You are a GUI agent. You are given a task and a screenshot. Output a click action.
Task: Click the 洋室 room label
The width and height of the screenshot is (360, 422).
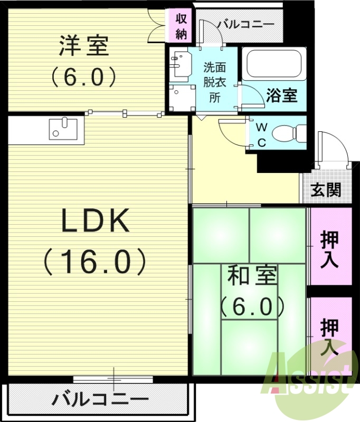pyautogui.click(x=83, y=46)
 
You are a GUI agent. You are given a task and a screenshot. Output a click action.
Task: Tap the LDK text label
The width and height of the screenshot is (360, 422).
pyautogui.click(x=96, y=220)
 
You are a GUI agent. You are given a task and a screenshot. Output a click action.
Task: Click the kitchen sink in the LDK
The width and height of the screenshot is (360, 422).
pyautogui.click(x=63, y=129)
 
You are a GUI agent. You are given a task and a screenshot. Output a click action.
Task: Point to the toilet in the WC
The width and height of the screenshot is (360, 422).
pyautogui.click(x=289, y=133)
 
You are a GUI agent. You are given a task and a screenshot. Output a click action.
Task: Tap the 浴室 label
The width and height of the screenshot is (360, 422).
pyautogui.click(x=282, y=95)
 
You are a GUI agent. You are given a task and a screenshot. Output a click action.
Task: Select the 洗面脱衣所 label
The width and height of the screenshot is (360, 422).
pyautogui.click(x=214, y=82)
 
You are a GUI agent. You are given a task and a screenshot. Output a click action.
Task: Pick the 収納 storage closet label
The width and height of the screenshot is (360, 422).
pyautogui.click(x=182, y=26)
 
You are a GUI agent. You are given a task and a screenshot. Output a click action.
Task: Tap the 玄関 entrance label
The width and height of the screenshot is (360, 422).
pyautogui.click(x=326, y=190)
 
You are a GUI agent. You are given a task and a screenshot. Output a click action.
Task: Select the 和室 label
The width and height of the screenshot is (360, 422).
pyautogui.click(x=251, y=276)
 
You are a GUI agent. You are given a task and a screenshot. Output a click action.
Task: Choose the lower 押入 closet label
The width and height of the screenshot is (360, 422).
pyautogui.click(x=329, y=337)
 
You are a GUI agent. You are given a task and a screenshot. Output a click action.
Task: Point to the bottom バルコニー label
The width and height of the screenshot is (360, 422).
pyautogui.click(x=100, y=399)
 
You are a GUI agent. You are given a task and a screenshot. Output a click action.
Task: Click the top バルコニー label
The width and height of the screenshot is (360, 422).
pyautogui.click(x=245, y=25)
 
